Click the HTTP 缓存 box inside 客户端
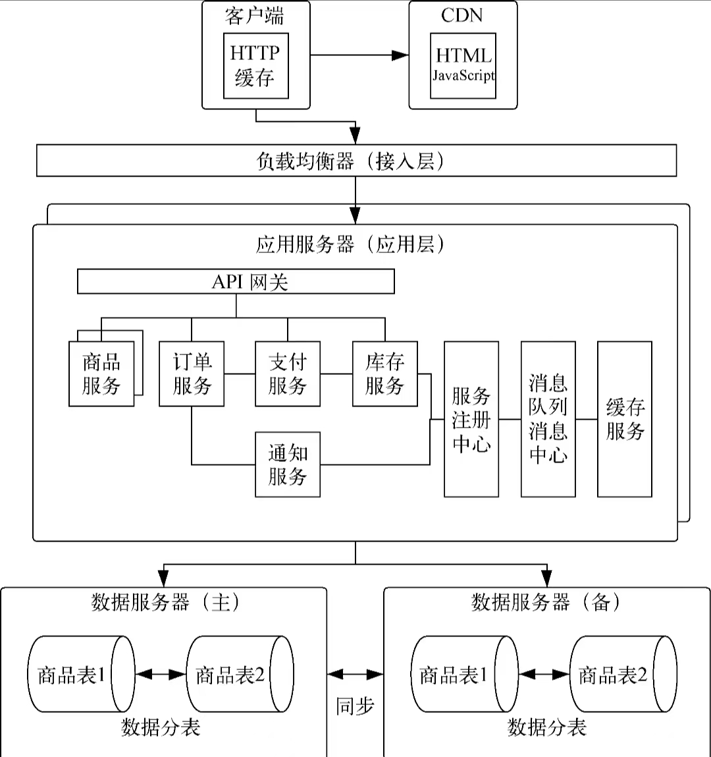pyautogui.click(x=255, y=65)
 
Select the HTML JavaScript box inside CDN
pyautogui.click(x=463, y=65)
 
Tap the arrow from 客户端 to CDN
pyautogui.click(x=359, y=55)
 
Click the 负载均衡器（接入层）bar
pyautogui.click(x=356, y=161)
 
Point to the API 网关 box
pyautogui.click(x=236, y=282)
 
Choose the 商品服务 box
pyautogui.click(x=101, y=374)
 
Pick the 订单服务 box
pyautogui.click(x=192, y=374)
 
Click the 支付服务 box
pyautogui.click(x=288, y=374)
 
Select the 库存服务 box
pyautogui.click(x=384, y=374)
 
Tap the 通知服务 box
pyautogui.click(x=288, y=464)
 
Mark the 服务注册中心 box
pyautogui.click(x=471, y=419)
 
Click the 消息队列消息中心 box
pyautogui.click(x=548, y=419)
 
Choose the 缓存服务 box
pyautogui.click(x=624, y=419)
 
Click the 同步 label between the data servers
pyautogui.click(x=355, y=706)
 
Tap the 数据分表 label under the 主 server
pyautogui.click(x=160, y=727)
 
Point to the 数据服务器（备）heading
pyautogui.click(x=546, y=602)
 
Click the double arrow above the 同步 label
pyautogui.click(x=355, y=674)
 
